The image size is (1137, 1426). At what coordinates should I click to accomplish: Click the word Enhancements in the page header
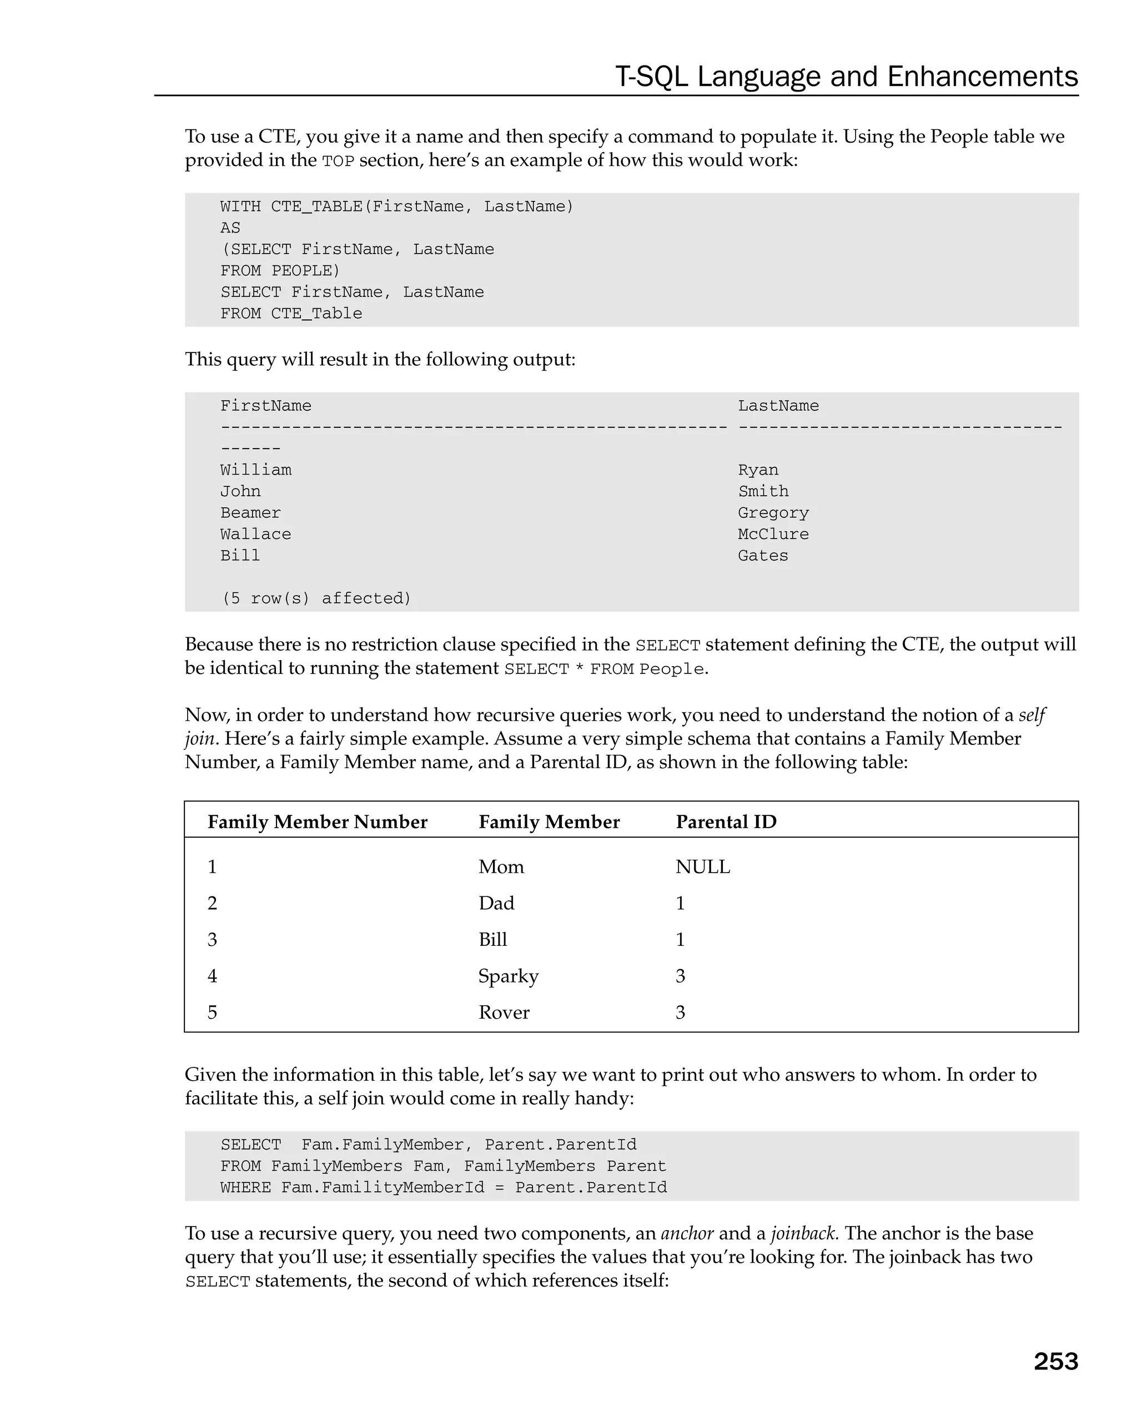coord(982,77)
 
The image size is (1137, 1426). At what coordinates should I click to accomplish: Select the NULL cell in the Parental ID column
coord(702,866)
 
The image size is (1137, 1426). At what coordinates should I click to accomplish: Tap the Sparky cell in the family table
coord(508,976)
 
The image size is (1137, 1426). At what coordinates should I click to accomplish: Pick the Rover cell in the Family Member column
coord(504,1012)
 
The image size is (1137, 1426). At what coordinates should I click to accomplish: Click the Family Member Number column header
coord(317,822)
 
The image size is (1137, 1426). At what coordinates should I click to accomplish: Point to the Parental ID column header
coord(726,822)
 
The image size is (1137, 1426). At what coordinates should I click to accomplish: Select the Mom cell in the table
coord(501,866)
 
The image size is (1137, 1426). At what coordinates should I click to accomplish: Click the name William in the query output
coord(255,470)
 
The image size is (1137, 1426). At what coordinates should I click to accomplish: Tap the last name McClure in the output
coord(773,534)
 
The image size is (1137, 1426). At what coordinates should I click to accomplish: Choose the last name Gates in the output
coord(763,556)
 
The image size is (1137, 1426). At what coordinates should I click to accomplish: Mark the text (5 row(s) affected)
coord(315,598)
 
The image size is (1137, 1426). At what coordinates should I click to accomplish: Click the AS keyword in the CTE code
coord(230,228)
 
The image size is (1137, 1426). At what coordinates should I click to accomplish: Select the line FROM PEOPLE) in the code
coord(280,270)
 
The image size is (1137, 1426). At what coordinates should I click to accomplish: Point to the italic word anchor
coord(687,1233)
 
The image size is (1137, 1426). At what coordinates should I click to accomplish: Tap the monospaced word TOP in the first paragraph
coord(338,161)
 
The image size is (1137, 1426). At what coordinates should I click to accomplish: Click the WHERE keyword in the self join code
coord(245,1187)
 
